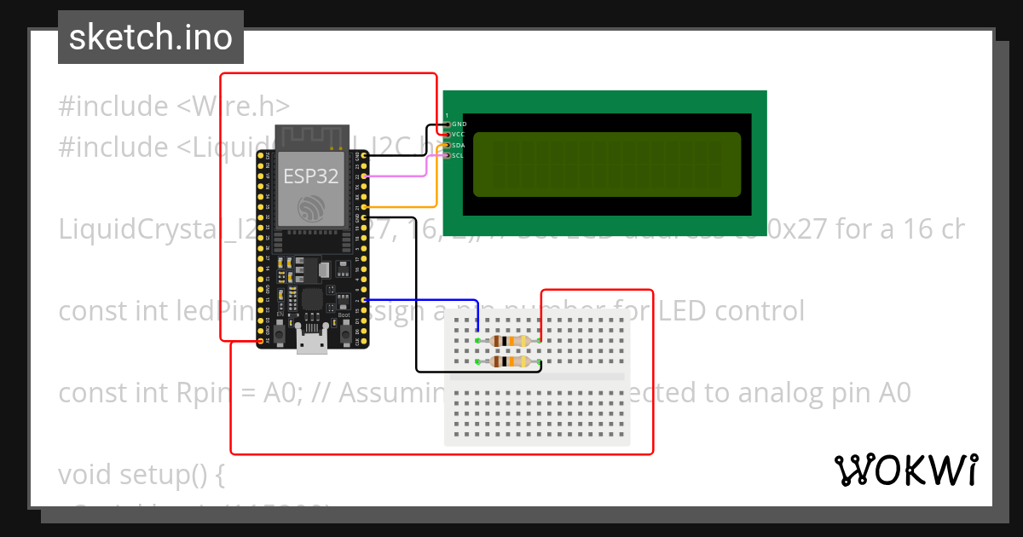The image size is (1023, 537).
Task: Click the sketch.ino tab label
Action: coord(150,38)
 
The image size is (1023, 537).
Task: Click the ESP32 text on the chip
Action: coord(311,176)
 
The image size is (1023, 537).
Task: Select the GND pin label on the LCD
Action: coord(459,124)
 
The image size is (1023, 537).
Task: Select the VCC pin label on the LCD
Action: coord(459,135)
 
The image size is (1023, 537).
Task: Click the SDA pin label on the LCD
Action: coord(459,146)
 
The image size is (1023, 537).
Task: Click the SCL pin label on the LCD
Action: coord(459,156)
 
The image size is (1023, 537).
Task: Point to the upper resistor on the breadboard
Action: coord(509,341)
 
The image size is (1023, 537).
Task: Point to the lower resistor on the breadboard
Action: coord(509,362)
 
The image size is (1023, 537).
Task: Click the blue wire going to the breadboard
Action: coord(426,300)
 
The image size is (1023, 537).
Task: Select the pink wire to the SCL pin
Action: coord(401,176)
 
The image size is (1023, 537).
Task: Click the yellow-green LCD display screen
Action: coord(607,164)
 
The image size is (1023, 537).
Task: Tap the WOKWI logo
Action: coord(905,470)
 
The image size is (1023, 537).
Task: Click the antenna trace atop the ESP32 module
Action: coord(312,136)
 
